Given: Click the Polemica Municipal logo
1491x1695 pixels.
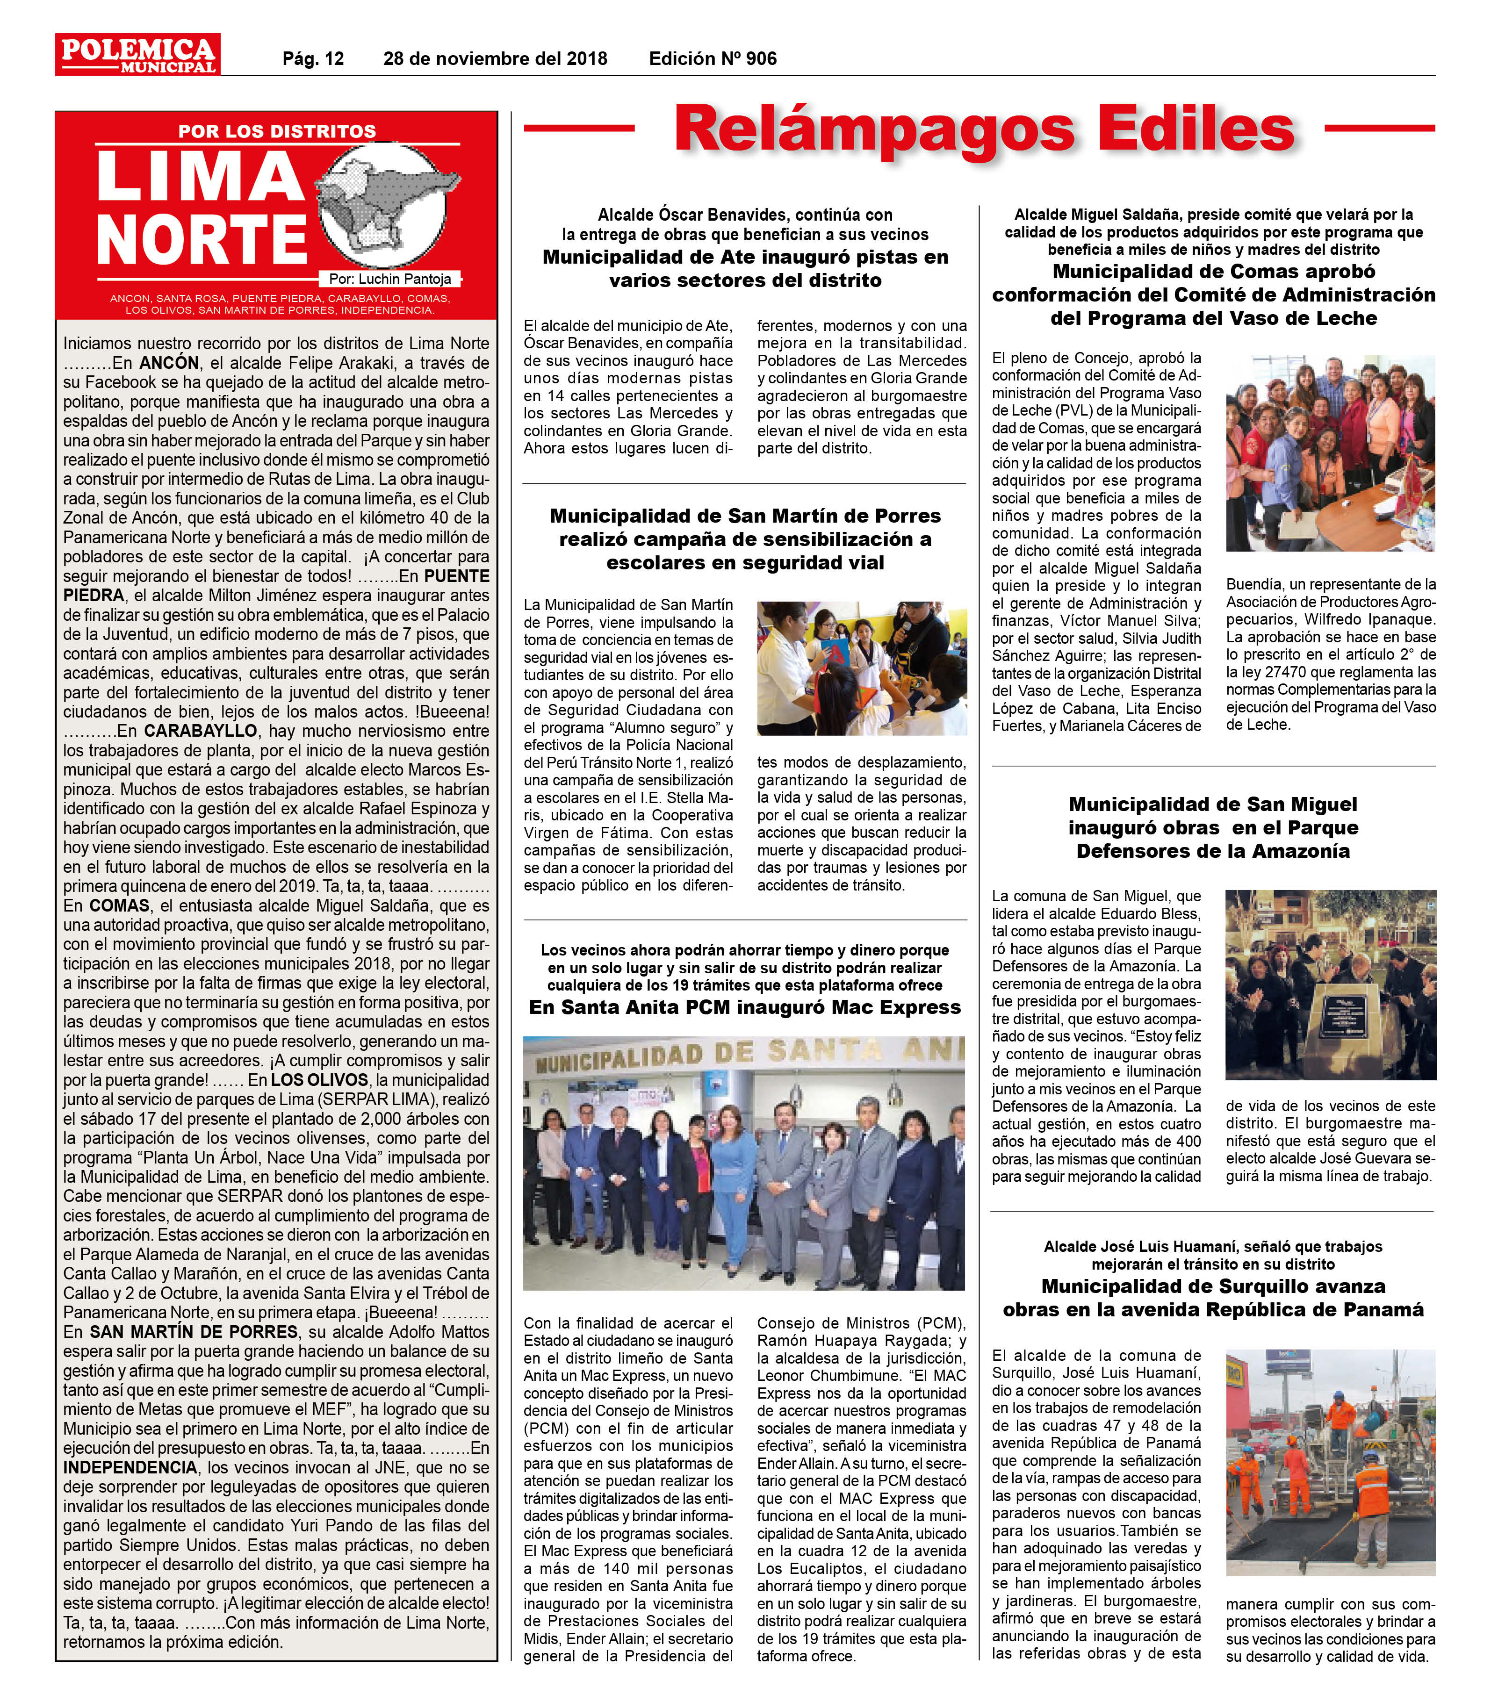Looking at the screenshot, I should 137,55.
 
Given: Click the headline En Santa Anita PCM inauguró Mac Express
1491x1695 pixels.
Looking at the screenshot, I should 745,1007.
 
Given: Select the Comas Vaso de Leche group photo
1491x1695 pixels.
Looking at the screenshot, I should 1330,453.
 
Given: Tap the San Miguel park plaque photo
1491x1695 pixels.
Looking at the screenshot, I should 1330,984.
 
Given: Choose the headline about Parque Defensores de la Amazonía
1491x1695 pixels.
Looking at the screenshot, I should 1213,827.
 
